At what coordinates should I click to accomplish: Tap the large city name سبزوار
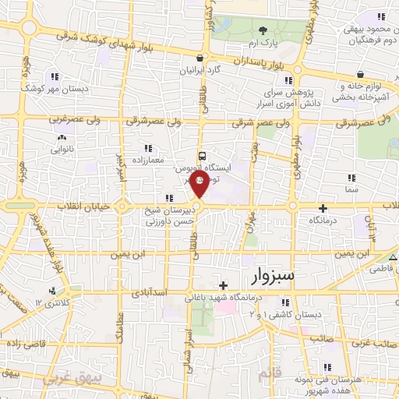click(x=274, y=276)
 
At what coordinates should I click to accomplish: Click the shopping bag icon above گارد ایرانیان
click(x=202, y=58)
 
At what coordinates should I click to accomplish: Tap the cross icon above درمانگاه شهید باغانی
click(x=224, y=285)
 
